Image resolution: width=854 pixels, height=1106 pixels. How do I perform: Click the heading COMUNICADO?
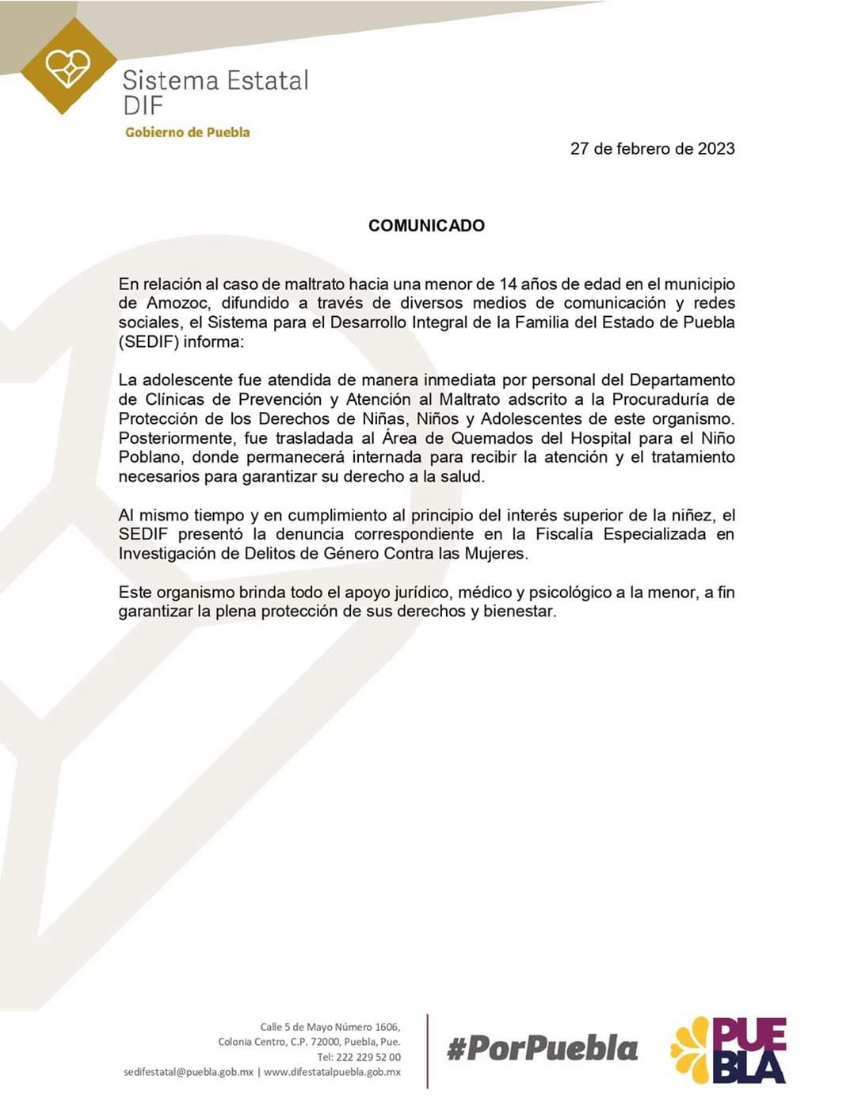click(x=426, y=226)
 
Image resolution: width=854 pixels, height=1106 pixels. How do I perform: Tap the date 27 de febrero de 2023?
click(x=652, y=149)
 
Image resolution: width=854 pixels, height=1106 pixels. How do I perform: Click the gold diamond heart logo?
click(x=68, y=67)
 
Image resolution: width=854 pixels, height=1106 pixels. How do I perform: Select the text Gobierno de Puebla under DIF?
click(x=187, y=132)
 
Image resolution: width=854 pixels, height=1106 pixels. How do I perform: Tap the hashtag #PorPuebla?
click(x=543, y=1049)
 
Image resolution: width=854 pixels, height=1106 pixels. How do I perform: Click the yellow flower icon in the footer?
click(x=691, y=1051)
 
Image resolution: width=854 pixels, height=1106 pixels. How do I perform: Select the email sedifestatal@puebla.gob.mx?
click(x=189, y=1072)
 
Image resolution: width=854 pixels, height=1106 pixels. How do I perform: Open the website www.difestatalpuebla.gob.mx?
click(x=332, y=1072)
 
